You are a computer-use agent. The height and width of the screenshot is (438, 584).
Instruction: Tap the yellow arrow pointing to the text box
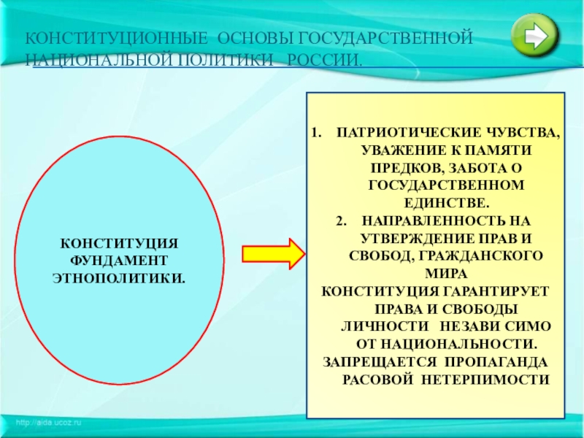pyautogui.click(x=272, y=253)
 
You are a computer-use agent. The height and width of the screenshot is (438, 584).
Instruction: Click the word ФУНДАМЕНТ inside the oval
pyautogui.click(x=118, y=261)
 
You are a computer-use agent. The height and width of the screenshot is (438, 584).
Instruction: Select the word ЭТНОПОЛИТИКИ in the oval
pyautogui.click(x=118, y=278)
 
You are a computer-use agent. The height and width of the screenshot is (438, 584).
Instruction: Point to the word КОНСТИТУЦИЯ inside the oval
pyautogui.click(x=118, y=243)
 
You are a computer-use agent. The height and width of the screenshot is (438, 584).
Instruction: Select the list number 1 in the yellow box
pyautogui.click(x=315, y=134)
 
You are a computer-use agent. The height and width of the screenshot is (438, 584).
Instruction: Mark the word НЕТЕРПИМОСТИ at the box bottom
pyautogui.click(x=504, y=380)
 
